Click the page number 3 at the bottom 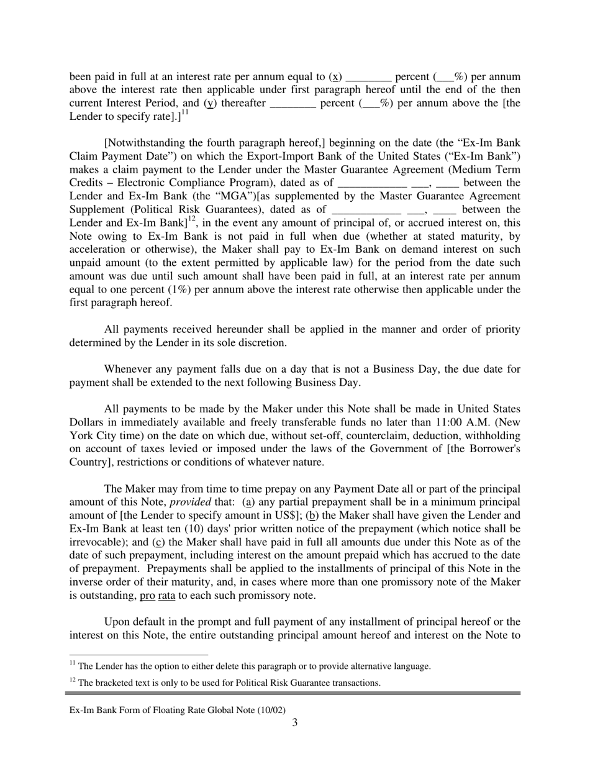[295, 722]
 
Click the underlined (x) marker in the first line [335, 77]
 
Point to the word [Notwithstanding [143, 143]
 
